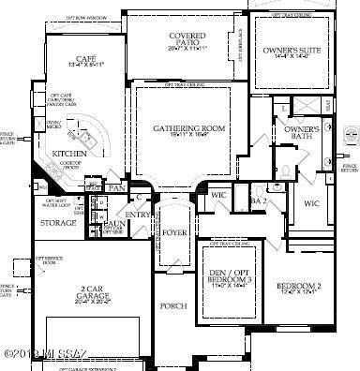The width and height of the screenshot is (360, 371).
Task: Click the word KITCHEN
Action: pyautogui.click(x=69, y=152)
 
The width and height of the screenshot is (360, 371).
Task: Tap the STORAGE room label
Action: pyautogui.click(x=57, y=224)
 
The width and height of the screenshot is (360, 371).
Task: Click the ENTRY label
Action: pyautogui.click(x=139, y=215)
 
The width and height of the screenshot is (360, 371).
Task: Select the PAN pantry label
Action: pyautogui.click(x=117, y=189)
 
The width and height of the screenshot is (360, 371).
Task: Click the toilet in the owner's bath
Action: pyautogui.click(x=283, y=170)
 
